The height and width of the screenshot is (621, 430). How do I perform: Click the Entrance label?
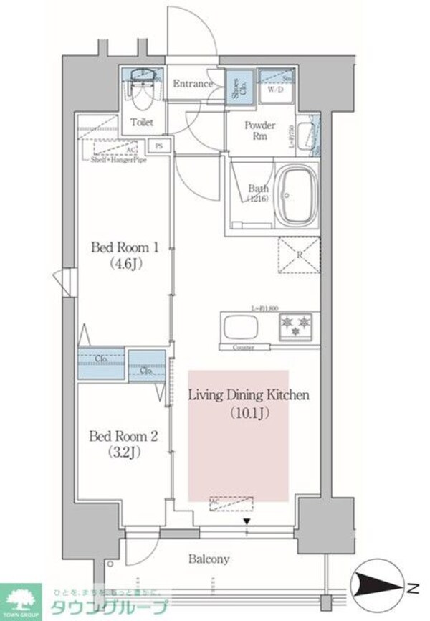click(x=192, y=84)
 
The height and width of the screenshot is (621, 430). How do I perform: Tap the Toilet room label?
click(x=141, y=123)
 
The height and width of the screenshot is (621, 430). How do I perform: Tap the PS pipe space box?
click(x=159, y=146)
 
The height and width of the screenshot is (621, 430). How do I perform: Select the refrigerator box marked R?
click(x=296, y=255)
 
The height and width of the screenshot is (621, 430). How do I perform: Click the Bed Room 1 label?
click(x=124, y=247)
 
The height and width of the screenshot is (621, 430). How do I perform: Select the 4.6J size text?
click(x=124, y=265)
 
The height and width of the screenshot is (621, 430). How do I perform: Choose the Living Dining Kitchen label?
click(x=248, y=394)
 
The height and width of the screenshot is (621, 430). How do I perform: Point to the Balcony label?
click(x=209, y=559)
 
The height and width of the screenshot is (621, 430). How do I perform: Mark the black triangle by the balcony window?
click(x=247, y=522)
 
